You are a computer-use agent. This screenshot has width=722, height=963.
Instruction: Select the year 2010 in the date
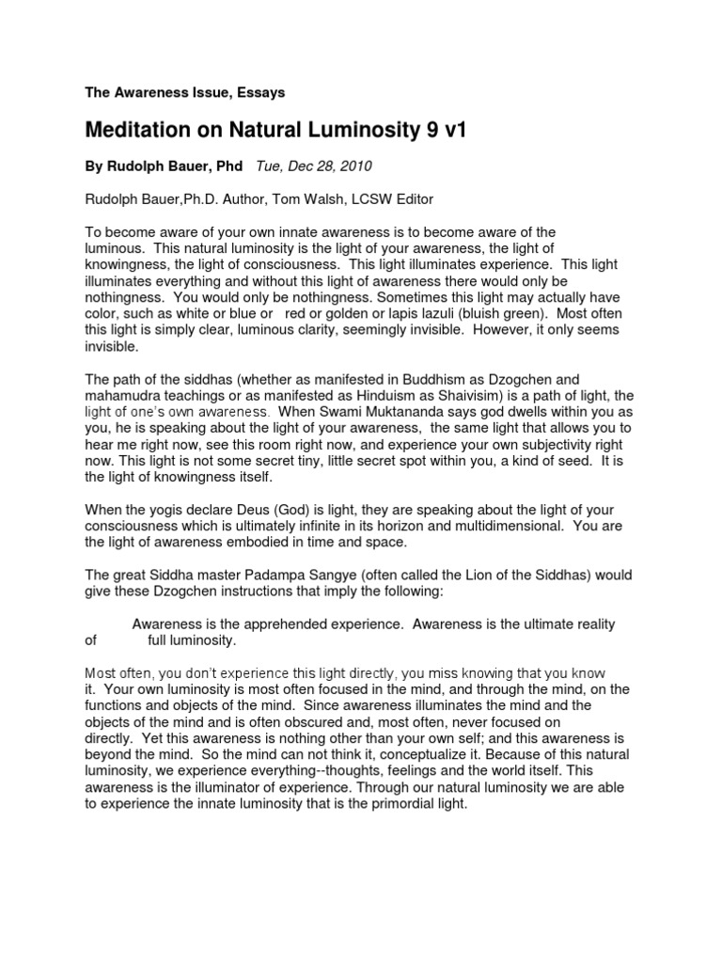351,166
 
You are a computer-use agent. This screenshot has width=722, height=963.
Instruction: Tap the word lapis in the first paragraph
410,312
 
